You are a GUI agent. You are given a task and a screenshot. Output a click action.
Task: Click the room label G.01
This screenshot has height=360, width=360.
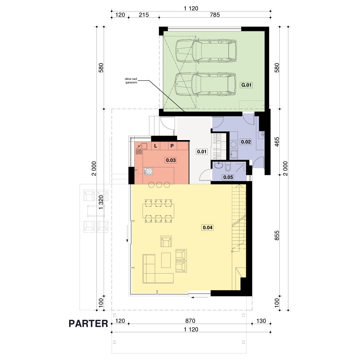tap(246, 85)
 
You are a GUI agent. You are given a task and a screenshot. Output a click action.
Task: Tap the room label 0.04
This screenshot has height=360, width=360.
tap(208, 228)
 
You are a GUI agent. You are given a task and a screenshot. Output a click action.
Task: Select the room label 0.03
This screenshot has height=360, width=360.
tap(171, 160)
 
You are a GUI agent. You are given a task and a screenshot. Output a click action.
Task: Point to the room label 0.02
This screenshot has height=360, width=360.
tap(246, 142)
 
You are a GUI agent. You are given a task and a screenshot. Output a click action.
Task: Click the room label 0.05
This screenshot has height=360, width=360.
tap(228, 177)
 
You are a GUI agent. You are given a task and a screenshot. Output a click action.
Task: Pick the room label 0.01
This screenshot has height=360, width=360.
tap(202, 152)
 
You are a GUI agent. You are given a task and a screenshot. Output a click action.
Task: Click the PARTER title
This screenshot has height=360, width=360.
tap(89, 324)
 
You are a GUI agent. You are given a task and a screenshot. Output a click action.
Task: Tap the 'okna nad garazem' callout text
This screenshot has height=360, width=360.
tap(131, 81)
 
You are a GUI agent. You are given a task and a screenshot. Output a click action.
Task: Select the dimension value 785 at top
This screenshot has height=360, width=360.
tap(215, 15)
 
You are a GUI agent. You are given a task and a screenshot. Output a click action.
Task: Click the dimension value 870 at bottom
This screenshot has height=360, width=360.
tap(190, 321)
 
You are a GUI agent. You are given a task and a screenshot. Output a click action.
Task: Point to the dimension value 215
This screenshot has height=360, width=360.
tap(144, 15)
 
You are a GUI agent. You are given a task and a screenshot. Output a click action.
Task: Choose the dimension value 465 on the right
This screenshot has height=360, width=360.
tap(277, 142)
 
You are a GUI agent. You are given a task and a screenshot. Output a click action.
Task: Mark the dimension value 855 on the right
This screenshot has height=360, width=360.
tap(277, 235)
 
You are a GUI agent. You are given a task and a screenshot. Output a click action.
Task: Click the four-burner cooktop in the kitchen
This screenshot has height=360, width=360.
tap(148, 171)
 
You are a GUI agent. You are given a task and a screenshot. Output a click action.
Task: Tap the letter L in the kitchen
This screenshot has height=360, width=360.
tap(156, 146)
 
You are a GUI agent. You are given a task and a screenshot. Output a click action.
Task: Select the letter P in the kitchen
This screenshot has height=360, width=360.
tap(172, 146)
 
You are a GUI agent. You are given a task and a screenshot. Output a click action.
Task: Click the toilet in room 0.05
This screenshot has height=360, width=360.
tap(228, 167)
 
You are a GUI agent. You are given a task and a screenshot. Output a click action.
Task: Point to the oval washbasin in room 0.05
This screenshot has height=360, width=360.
tap(219, 165)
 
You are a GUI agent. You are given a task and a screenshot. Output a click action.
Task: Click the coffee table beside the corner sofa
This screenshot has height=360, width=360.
tap(166, 260)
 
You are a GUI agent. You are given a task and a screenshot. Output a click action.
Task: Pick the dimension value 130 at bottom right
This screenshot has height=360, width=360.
tap(261, 321)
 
